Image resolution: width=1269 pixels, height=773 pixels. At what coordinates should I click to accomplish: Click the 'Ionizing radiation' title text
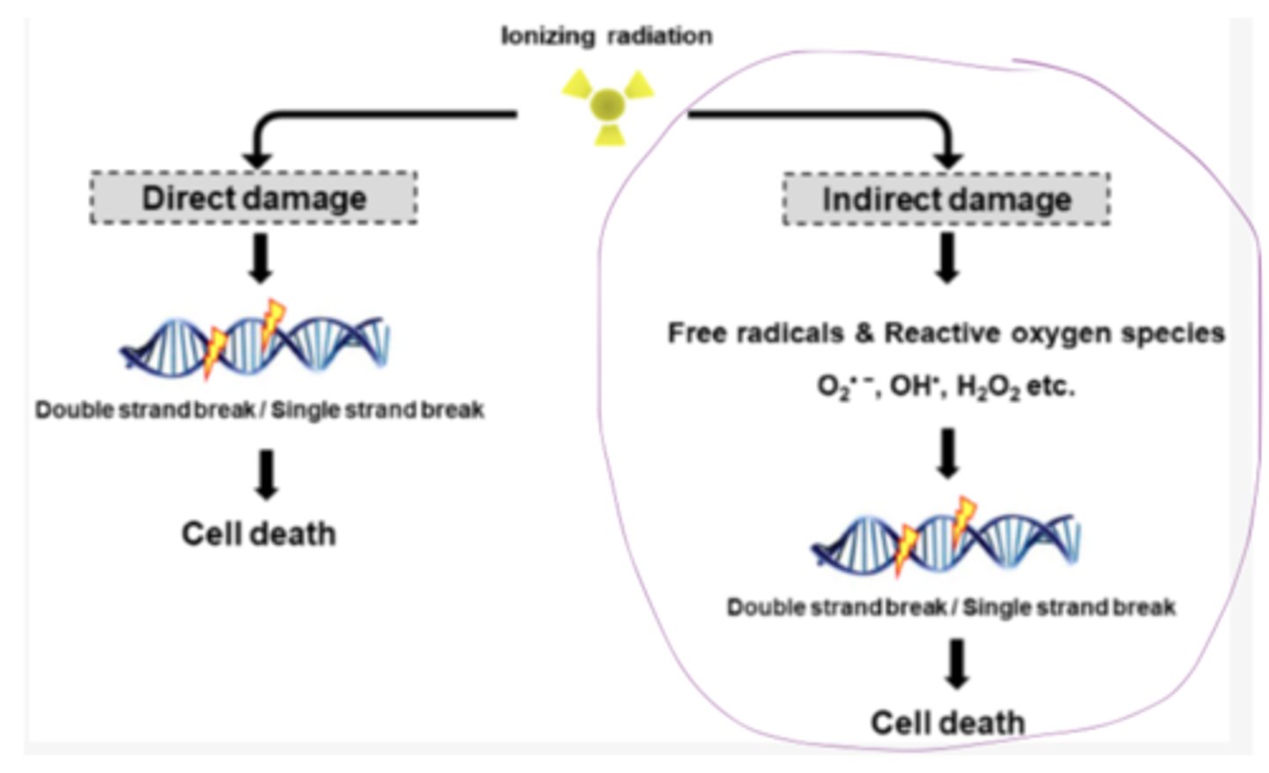point(606,36)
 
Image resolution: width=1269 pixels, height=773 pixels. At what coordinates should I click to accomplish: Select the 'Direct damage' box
point(254,198)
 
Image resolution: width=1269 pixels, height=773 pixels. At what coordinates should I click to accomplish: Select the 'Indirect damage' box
point(946,200)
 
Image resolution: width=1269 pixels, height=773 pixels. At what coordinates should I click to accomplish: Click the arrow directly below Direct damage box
point(261,258)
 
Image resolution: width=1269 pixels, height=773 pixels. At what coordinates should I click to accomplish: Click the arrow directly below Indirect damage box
point(947,258)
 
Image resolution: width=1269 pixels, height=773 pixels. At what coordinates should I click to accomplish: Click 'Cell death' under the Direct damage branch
point(258,534)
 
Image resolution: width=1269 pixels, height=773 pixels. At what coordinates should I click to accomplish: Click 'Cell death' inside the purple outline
point(947,723)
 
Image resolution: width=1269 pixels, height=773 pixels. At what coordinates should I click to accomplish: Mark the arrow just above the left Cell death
point(266,475)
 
